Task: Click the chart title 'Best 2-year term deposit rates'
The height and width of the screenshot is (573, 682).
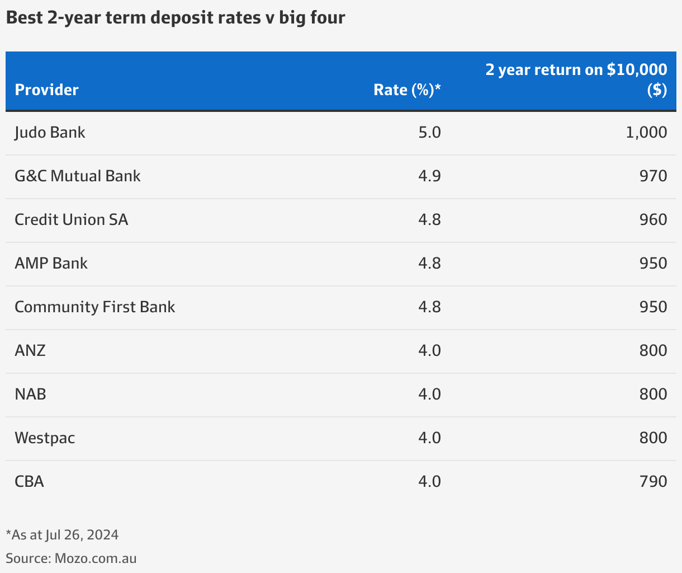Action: coord(175,18)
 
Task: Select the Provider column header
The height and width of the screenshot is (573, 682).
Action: coord(46,90)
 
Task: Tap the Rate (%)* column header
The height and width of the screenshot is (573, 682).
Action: coord(407,90)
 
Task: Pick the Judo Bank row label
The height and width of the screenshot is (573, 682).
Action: coord(50,133)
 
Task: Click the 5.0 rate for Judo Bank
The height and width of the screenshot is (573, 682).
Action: coord(429,133)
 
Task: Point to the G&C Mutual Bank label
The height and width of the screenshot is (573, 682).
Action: coord(77,176)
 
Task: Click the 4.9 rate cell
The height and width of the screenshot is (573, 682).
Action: coord(429,176)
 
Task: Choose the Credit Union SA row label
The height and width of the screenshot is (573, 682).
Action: coord(71,220)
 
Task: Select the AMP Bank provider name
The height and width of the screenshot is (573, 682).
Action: coord(51,264)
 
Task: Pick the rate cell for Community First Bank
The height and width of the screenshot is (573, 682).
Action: coord(429,307)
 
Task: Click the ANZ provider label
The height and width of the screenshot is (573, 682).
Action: coord(30,351)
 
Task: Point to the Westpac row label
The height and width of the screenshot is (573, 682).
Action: coord(45,438)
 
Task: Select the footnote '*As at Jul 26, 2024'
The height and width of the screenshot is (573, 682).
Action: coord(62,535)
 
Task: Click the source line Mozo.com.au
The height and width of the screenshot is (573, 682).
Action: coord(71,558)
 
